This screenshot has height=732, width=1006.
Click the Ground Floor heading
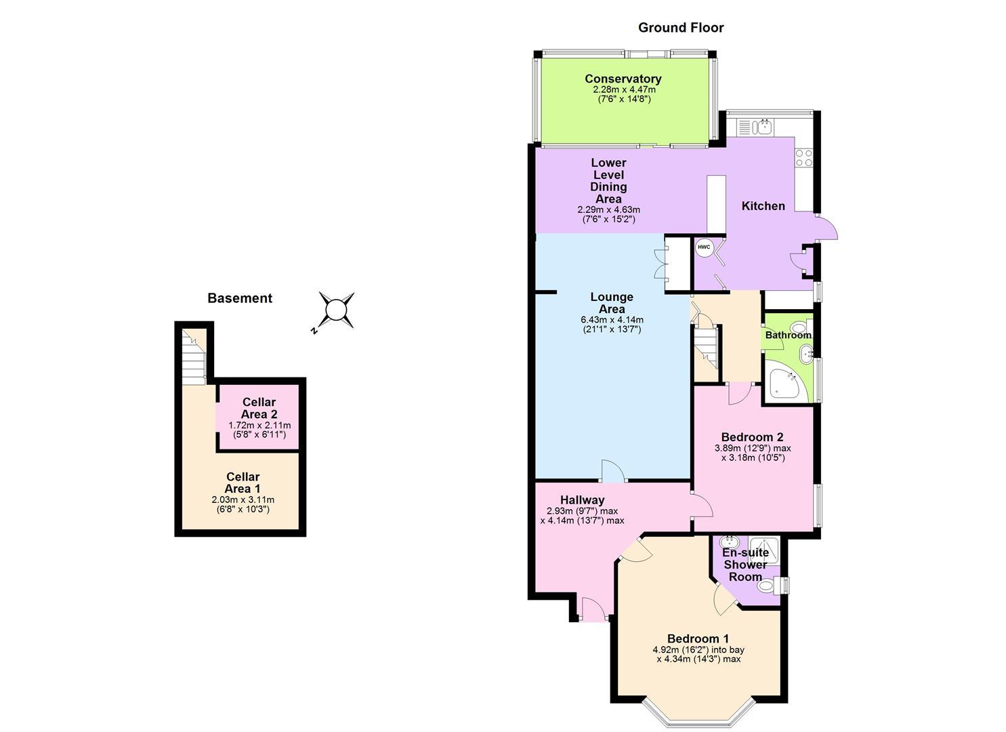[681, 28]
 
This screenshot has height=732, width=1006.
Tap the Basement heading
[240, 298]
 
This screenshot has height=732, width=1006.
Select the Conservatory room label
[623, 79]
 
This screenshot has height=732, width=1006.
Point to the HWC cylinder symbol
[704, 247]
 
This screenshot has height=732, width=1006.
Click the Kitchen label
[763, 206]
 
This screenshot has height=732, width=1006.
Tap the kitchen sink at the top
[764, 126]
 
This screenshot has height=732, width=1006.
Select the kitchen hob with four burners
[803, 158]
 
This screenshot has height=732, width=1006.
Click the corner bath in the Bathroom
[786, 385]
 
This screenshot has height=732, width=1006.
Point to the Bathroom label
[788, 335]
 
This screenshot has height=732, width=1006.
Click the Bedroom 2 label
[752, 437]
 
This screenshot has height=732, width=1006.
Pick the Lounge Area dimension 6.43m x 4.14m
[612, 320]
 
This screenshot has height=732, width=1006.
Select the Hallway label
[582, 500]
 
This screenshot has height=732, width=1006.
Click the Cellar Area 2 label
[259, 408]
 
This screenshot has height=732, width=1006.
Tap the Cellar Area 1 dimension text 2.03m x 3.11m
[243, 500]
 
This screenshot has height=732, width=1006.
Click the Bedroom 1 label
[698, 638]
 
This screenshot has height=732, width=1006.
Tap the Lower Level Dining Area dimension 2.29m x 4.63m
[608, 209]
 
